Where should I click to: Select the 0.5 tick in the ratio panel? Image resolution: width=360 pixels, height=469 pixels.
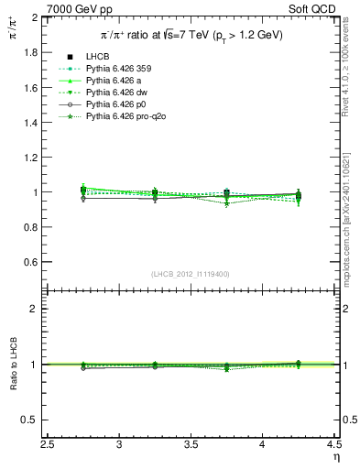(31, 420)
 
